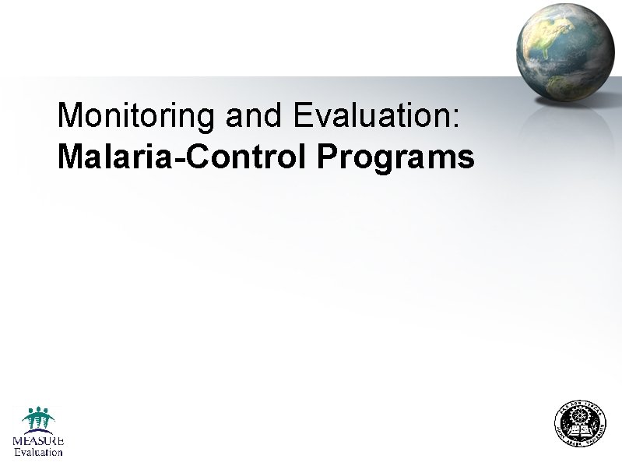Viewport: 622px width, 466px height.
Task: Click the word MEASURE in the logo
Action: (37, 440)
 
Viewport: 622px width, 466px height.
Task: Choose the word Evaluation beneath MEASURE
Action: (38, 452)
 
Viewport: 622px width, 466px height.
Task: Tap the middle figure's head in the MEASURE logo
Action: (38, 410)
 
